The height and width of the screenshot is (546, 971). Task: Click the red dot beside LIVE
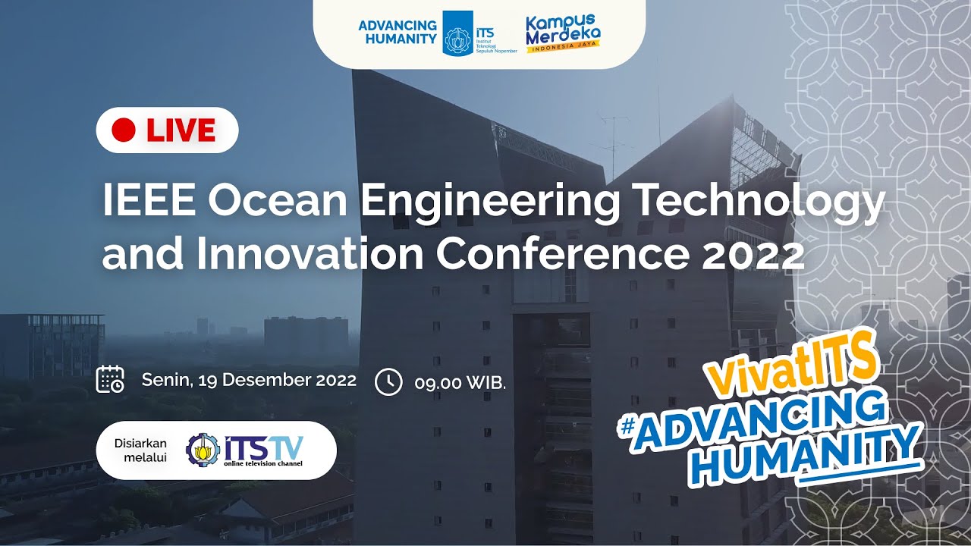point(123,130)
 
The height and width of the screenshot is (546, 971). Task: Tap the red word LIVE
point(181,130)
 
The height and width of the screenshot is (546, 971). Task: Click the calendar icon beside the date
point(110,379)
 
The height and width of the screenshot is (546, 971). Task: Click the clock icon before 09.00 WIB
point(388,381)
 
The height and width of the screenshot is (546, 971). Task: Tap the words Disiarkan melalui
point(140,450)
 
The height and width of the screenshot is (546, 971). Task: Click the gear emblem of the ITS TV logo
point(203,450)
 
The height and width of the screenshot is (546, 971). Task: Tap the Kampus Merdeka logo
point(563,33)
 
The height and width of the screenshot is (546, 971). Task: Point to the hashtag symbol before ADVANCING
point(627,427)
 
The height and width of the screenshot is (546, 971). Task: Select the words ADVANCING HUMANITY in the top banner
point(398,33)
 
